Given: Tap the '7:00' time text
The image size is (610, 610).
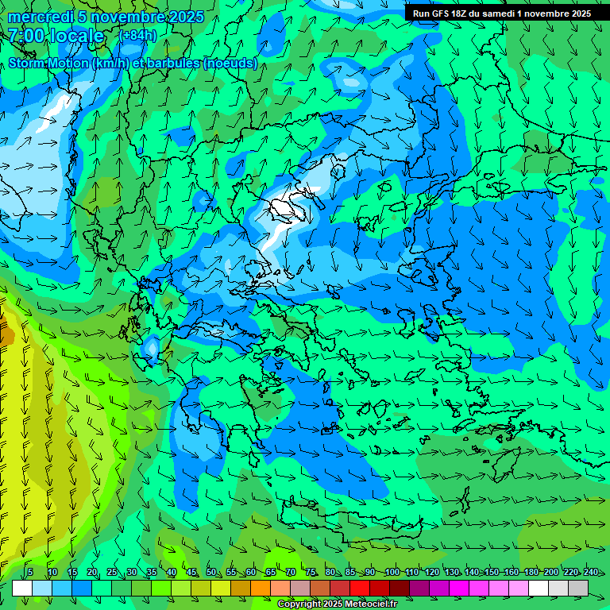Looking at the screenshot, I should (27, 36).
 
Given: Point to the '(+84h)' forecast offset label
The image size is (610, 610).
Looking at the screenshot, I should (137, 36).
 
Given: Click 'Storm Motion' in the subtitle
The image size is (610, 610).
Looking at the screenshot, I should (48, 64).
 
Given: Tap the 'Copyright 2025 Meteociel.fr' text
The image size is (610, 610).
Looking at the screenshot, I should (348, 604).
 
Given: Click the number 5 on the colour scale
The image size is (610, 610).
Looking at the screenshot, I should (29, 573).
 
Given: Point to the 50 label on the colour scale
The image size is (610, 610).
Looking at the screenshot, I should (210, 573).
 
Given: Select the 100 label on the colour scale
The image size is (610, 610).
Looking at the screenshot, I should (392, 573).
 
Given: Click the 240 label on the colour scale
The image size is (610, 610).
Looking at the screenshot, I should (590, 573).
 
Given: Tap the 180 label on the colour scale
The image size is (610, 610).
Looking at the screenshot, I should (529, 573).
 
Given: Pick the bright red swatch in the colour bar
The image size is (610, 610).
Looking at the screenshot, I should (360, 588).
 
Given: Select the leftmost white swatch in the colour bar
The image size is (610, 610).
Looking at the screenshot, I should (22, 588).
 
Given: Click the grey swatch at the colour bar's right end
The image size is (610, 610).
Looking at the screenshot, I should (578, 588).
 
